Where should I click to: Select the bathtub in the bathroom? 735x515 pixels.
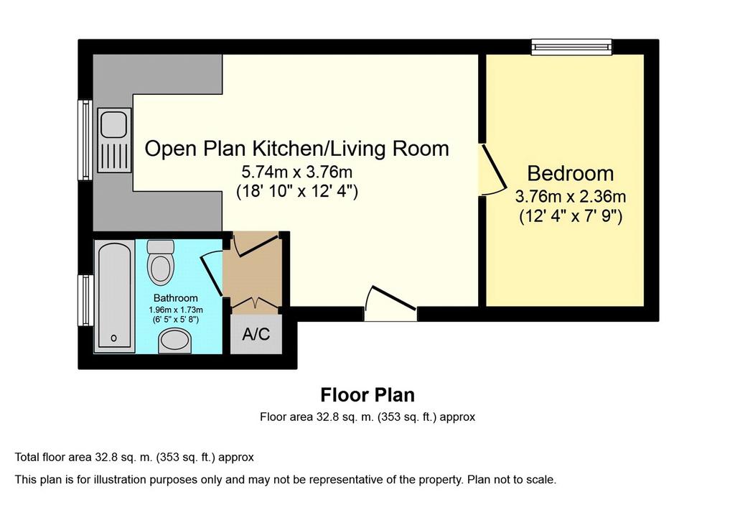[114, 296]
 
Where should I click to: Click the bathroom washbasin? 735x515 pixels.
[174, 341]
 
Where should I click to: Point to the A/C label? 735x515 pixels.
[256, 334]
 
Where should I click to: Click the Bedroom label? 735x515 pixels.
[571, 174]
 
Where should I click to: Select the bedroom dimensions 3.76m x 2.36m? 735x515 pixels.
[571, 196]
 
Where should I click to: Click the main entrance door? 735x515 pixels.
[390, 302]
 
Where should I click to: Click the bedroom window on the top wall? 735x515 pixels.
[571, 47]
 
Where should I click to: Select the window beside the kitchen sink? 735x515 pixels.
[85, 140]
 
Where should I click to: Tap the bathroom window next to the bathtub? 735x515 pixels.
[85, 300]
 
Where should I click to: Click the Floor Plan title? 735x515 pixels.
[367, 395]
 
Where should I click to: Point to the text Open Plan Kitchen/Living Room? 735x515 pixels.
[296, 149]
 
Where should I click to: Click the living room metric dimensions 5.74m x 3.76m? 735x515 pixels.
[296, 172]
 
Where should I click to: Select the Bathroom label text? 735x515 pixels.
[175, 298]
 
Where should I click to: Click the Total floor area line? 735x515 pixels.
[134, 458]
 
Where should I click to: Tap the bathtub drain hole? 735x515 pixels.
[113, 338]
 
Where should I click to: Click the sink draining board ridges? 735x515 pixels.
[114, 157]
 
